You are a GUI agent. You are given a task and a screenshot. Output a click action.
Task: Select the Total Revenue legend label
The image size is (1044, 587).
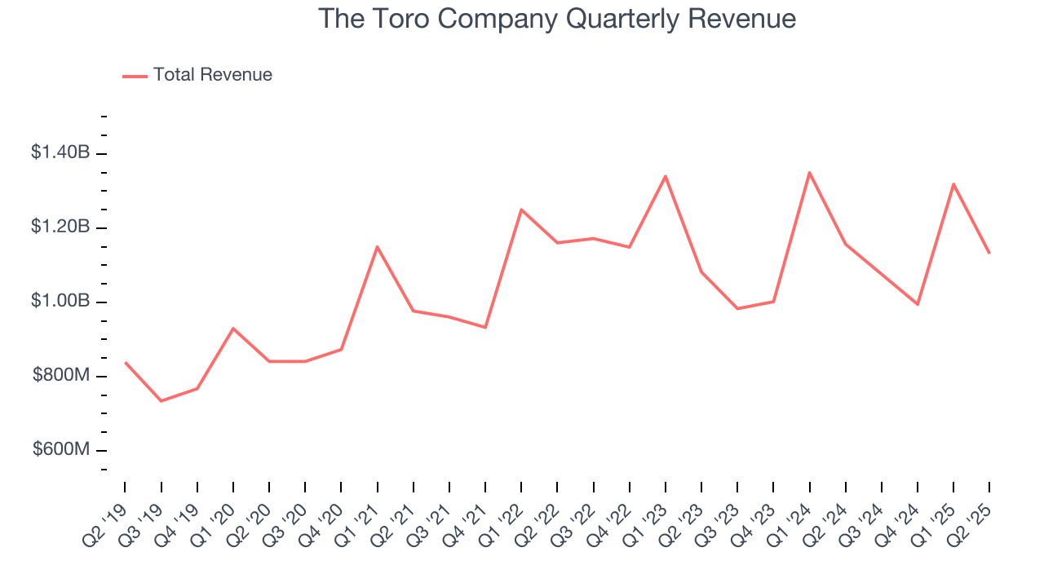point(212,75)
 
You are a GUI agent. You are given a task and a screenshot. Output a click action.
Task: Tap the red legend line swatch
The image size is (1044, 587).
point(135,76)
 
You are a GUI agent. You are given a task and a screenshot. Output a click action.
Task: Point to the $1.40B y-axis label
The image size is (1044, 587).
point(60,152)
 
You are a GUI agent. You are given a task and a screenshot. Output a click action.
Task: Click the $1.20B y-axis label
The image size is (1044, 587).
point(60,227)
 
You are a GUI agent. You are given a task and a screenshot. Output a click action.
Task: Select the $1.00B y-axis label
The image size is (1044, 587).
point(60,301)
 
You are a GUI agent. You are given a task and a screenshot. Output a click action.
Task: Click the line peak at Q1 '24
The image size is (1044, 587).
point(809,172)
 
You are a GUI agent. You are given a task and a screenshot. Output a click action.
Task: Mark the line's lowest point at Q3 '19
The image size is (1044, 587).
point(161,401)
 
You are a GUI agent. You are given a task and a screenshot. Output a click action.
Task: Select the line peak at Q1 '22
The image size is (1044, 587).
point(521,210)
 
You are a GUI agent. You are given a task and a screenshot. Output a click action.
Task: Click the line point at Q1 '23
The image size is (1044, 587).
point(666,176)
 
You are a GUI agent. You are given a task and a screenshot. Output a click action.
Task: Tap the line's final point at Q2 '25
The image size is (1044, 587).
point(989,254)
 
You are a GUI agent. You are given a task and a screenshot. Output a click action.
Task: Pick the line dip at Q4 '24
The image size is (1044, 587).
point(918,304)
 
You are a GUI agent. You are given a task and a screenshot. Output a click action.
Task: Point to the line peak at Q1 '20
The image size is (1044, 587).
point(233,329)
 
